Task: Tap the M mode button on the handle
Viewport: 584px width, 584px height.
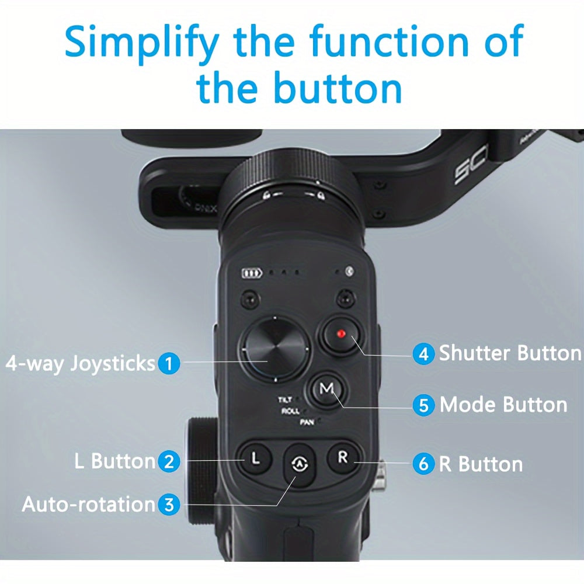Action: coord(327,388)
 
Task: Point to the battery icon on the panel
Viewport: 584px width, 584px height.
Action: coord(252,273)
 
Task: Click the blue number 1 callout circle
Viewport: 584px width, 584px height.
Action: coord(169,364)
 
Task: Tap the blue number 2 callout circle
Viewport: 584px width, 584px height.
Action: coord(169,462)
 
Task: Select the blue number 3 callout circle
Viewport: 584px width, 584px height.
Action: coord(169,504)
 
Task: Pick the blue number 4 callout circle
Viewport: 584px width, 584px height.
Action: coord(423,354)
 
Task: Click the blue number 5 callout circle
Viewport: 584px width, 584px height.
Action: coord(423,405)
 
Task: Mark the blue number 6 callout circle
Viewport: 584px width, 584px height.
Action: coord(423,464)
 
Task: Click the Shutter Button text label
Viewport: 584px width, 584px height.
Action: coord(510,353)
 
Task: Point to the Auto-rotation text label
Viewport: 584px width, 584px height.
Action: coord(88,504)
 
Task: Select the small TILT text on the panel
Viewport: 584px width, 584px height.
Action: coord(286,400)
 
